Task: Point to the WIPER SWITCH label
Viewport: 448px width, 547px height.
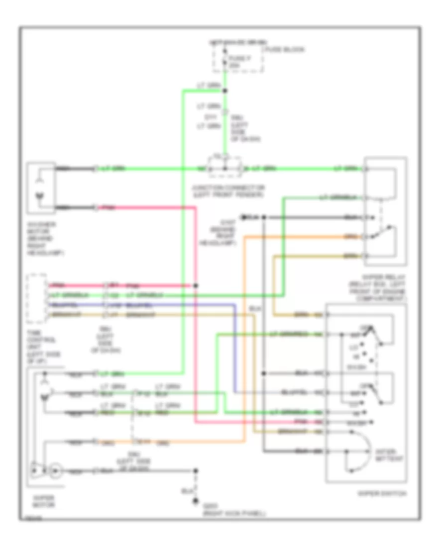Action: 382,494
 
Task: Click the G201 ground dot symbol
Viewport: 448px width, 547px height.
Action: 196,502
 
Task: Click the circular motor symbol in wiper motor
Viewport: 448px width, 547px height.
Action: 56,469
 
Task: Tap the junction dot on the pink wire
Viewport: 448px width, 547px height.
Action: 196,286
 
